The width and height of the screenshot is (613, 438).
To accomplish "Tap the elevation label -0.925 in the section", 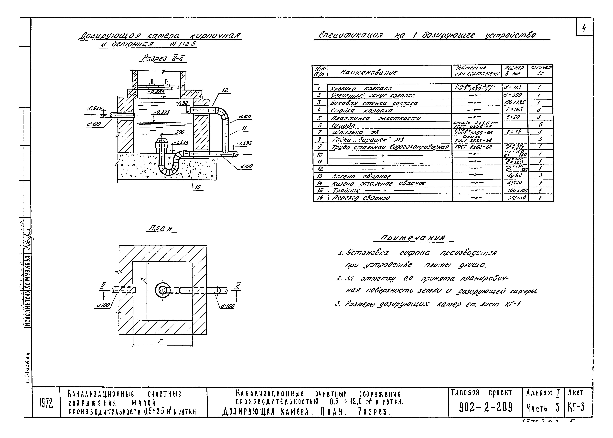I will [94, 108].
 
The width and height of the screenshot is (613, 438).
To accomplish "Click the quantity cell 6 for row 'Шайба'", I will [540, 125].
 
